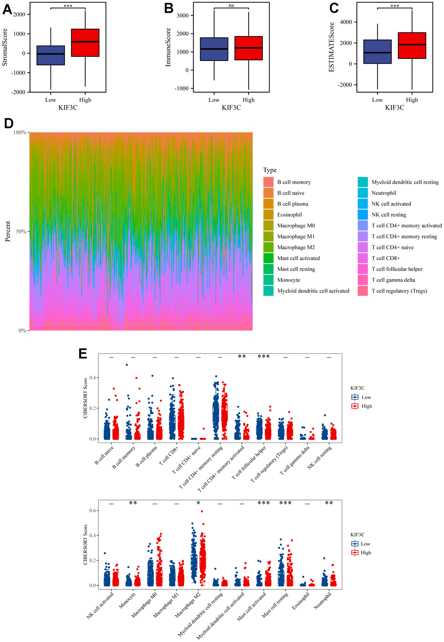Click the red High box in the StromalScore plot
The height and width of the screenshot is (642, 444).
point(85,43)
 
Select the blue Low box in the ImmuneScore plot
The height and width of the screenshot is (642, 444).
point(214,49)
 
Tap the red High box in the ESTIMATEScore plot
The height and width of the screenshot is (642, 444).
point(412,45)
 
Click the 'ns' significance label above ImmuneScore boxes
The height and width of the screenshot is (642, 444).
point(231,5)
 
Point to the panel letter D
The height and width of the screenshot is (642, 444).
point(8,123)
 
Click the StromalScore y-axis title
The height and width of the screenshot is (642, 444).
point(5,47)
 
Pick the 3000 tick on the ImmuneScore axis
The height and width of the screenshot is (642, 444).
point(182,16)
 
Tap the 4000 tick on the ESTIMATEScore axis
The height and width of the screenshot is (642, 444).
point(346,22)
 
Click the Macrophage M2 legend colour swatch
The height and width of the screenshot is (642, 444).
point(268,247)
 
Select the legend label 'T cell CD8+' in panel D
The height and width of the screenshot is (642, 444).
point(386,258)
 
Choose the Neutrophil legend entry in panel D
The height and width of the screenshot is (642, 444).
point(383,193)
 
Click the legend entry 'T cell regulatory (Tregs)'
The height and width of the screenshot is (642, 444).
point(399,291)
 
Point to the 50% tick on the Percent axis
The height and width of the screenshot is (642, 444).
point(22,231)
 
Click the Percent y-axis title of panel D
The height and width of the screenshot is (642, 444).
point(8,231)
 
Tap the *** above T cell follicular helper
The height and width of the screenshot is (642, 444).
point(263,357)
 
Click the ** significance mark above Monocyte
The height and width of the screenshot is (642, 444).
point(133,503)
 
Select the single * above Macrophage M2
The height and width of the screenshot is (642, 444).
point(198,503)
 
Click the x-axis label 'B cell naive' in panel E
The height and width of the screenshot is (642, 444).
point(104,455)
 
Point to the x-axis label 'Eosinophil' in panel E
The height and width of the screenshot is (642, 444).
point(301,601)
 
